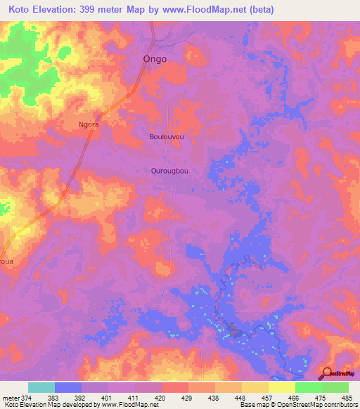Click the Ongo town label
tap(155, 59)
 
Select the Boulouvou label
tap(167, 137)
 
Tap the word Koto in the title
tap(20, 9)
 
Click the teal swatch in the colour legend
tap(41, 387)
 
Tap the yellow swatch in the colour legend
tap(282, 387)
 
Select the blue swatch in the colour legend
tap(68, 387)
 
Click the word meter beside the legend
tap(10, 397)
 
